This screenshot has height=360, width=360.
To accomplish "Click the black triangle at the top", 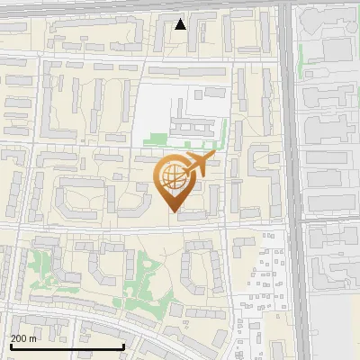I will [x=181, y=24].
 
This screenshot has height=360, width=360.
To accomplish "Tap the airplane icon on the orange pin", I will [x=201, y=165].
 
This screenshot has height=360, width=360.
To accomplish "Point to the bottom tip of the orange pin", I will [x=175, y=212].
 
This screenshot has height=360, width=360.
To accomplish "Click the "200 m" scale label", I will [x=23, y=338].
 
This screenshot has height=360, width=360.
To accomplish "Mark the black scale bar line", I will [x=67, y=347].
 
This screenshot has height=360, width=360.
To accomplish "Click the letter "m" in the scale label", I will [x=33, y=338].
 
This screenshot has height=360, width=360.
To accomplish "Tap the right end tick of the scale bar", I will [x=122, y=346].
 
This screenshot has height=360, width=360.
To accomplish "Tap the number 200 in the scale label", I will [x=18, y=338].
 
